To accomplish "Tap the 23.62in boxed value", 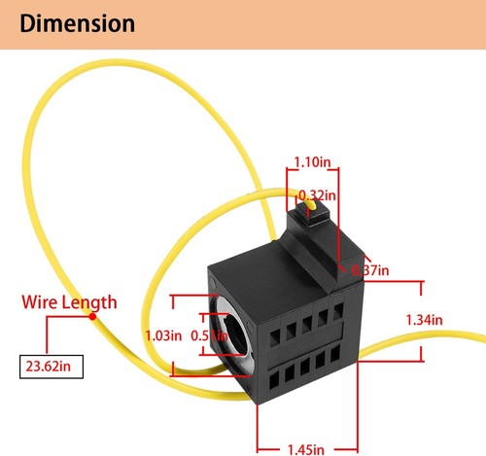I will click(x=51, y=368).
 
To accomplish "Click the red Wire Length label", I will click(x=69, y=302).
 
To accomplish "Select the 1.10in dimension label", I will click(x=312, y=165).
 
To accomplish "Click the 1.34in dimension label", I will click(x=424, y=319).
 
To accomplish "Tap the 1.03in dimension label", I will click(x=162, y=335).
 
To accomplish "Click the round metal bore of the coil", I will click(x=231, y=334).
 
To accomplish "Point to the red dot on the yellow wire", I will click(x=92, y=316).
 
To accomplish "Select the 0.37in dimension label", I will click(x=370, y=269).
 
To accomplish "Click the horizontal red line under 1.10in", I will click(x=310, y=177).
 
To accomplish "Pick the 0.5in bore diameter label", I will click(x=203, y=335).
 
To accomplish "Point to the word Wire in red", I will click(x=41, y=302).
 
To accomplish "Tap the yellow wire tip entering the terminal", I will click(x=309, y=205).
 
